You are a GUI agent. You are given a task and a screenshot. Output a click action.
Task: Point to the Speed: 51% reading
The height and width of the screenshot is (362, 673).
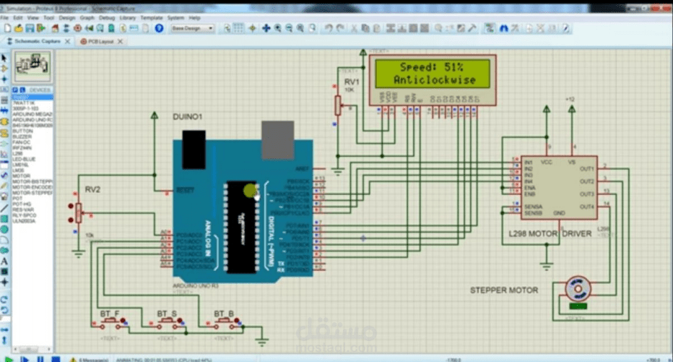click(432, 67)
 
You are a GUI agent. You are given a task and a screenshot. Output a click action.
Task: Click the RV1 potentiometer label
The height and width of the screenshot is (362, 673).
click(351, 82)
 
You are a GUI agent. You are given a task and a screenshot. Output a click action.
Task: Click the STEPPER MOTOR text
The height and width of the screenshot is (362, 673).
click(503, 290)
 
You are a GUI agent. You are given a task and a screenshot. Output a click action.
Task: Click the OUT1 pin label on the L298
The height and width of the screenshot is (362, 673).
click(586, 168)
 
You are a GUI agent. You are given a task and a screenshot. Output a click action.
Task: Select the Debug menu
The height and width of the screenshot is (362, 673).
click(106, 17)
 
